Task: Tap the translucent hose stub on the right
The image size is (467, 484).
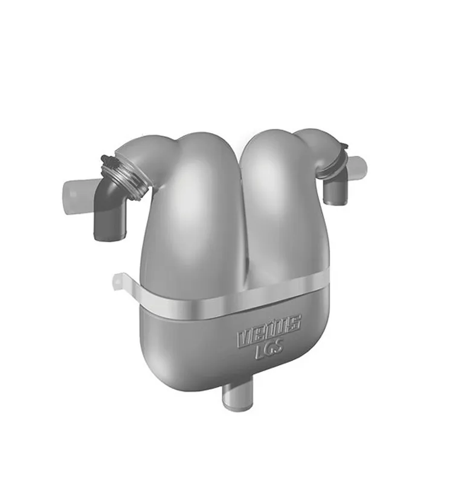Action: click(x=358, y=165)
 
